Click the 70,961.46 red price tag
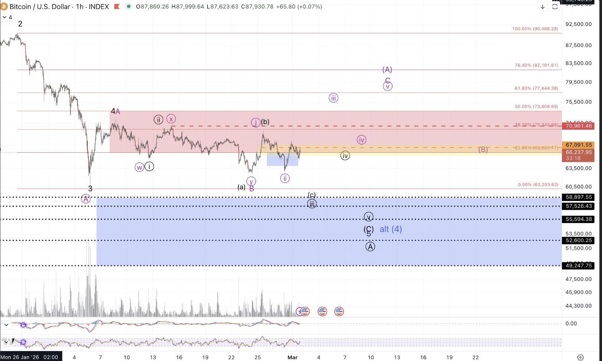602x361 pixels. (x=579, y=126)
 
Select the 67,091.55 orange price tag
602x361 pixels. (x=579, y=145)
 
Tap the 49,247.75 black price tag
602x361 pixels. (x=579, y=266)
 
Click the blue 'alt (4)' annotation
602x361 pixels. (x=390, y=229)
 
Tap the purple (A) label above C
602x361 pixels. (x=387, y=70)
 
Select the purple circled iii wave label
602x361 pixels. (x=333, y=98)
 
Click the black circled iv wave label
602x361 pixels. (x=345, y=156)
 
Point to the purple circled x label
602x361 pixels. (x=171, y=119)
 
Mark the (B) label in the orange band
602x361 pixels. (x=483, y=149)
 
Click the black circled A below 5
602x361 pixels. (x=370, y=246)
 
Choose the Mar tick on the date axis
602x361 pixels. (x=292, y=357)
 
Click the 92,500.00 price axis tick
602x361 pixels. (x=578, y=24)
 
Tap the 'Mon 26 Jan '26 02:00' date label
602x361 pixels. (x=30, y=357)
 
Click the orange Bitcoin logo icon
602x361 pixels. (x=4, y=7)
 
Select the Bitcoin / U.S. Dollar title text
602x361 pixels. (x=40, y=7)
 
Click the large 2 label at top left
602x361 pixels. (x=20, y=24)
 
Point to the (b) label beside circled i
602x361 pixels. (x=265, y=122)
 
